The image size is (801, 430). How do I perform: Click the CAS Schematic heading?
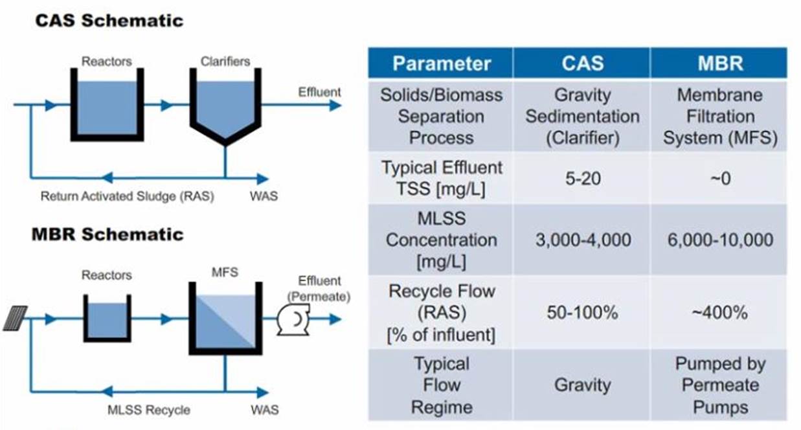pyautogui.click(x=109, y=20)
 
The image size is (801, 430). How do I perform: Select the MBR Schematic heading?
pyautogui.click(x=107, y=234)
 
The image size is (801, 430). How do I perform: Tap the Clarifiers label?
pyautogui.click(x=225, y=61)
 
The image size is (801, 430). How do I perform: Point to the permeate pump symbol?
pyautogui.click(x=293, y=319)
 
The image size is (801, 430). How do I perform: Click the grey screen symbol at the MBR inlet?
pyautogui.click(x=15, y=318)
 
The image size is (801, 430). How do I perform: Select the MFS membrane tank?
pyautogui.click(x=225, y=319)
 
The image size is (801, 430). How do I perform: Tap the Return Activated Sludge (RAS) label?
pyautogui.click(x=128, y=196)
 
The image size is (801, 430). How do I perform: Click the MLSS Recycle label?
pyautogui.click(x=149, y=410)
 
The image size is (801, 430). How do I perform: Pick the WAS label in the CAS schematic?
pyautogui.click(x=264, y=196)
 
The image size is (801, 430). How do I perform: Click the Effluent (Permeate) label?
pyautogui.click(x=319, y=288)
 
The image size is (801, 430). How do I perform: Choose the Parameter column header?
pyautogui.click(x=442, y=63)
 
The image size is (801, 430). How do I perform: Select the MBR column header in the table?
pyautogui.click(x=720, y=63)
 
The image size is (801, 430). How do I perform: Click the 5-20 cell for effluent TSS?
pyautogui.click(x=583, y=179)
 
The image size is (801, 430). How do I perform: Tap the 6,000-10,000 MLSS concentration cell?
pyautogui.click(x=720, y=240)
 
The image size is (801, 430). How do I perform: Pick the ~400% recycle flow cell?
pyautogui.click(x=719, y=313)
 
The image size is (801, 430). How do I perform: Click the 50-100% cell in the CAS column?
pyautogui.click(x=583, y=313)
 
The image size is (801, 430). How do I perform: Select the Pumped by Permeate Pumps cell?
pyautogui.click(x=720, y=385)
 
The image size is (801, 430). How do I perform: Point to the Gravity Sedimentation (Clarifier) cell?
pyautogui.click(x=583, y=117)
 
